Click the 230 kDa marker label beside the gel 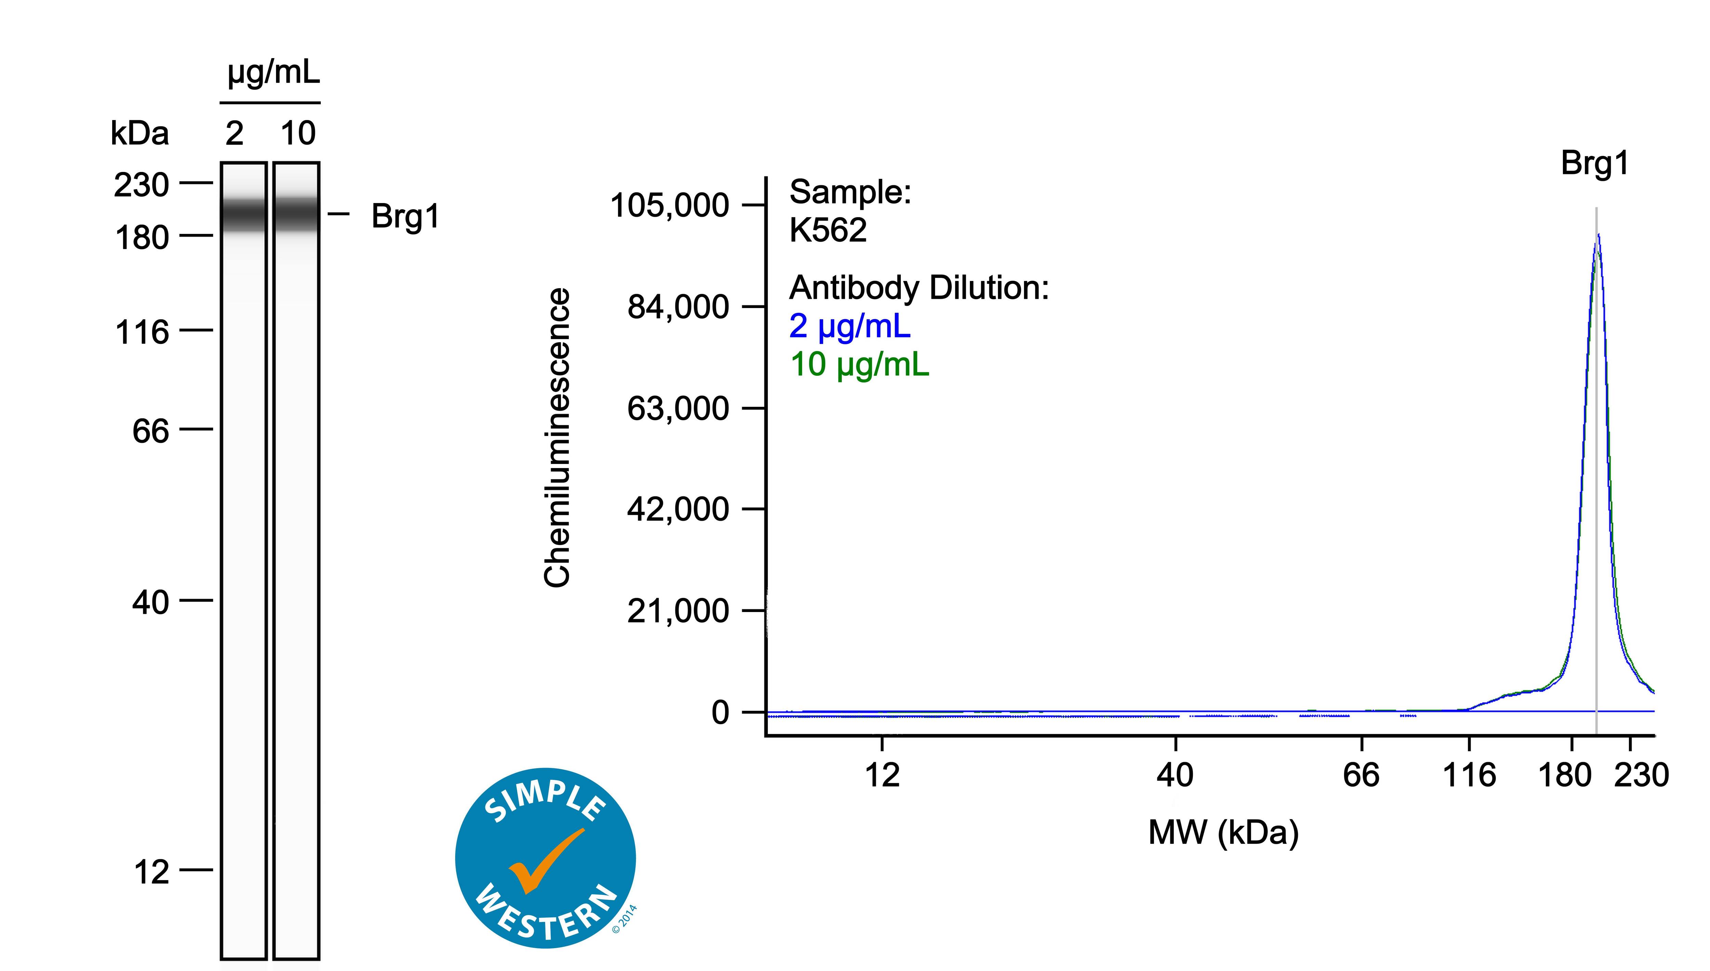141,185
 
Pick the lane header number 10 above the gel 298,133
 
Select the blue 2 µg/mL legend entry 849,326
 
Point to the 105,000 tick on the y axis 669,205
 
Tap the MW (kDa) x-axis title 1223,832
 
